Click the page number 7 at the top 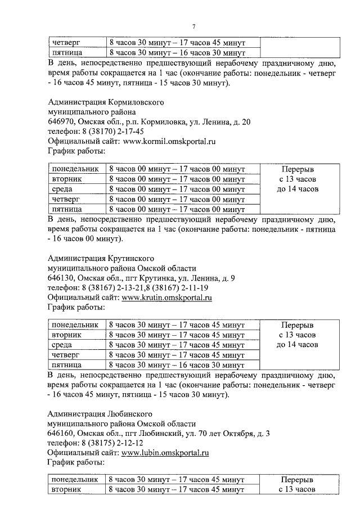tap(193, 26)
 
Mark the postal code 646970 tap(61, 121)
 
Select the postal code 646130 tap(61, 277)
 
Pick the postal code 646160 tap(61, 433)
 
